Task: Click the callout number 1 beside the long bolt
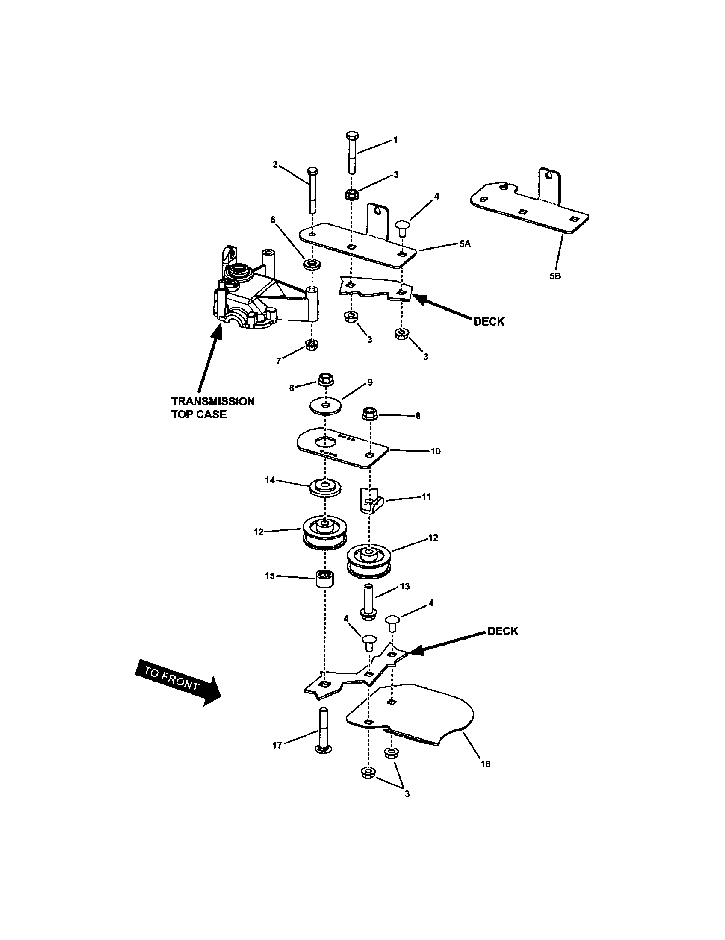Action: [395, 140]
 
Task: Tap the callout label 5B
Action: [555, 276]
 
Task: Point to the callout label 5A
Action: [465, 244]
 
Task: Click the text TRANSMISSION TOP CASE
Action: [213, 408]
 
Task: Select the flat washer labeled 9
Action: [325, 405]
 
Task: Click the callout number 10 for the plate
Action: [435, 451]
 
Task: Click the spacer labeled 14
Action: [325, 488]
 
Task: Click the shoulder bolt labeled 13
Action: [369, 601]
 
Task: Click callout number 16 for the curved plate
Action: [485, 764]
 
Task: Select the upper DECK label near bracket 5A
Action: [489, 321]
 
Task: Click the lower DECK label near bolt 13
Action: [502, 632]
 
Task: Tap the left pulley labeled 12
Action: [324, 532]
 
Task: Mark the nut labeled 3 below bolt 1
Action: [351, 194]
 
